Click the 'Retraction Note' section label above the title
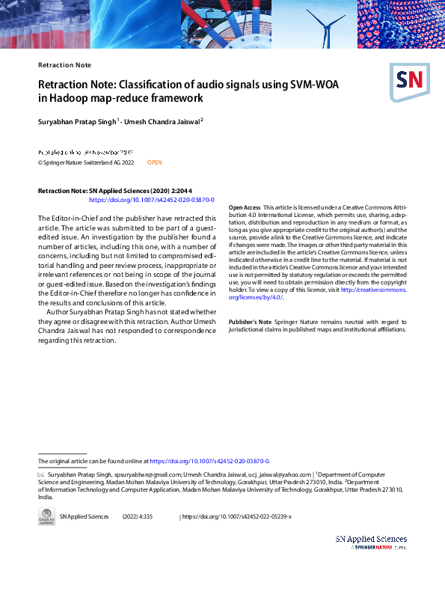tap(64, 65)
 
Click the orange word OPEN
tap(154, 162)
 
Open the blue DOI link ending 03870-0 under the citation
tap(152, 201)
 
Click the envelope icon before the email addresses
tap(41, 474)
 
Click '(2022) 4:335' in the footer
tap(138, 516)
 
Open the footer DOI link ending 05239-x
tap(238, 516)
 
